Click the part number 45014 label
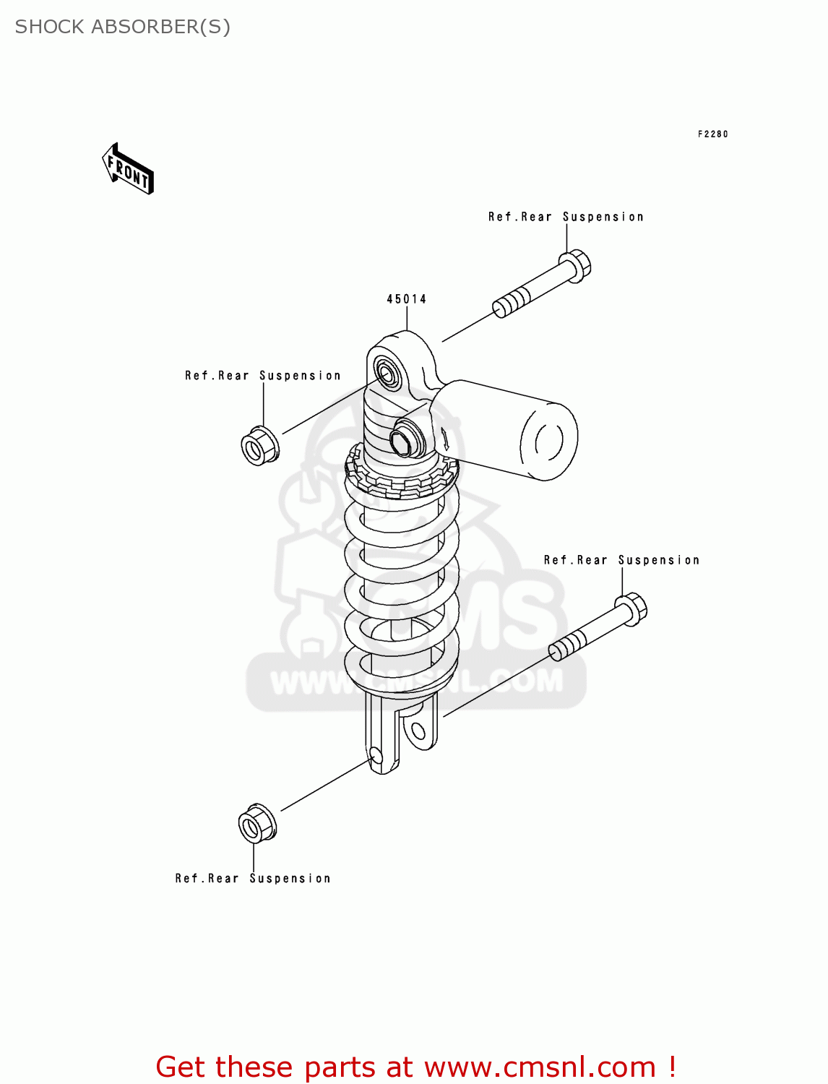click(406, 299)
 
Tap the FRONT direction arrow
click(128, 170)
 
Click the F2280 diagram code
click(712, 134)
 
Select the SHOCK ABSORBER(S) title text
click(123, 27)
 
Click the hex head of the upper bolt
click(576, 264)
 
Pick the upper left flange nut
click(259, 446)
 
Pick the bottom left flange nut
click(257, 823)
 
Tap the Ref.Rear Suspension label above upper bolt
click(566, 217)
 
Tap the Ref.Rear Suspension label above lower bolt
click(621, 560)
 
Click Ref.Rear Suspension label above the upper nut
click(262, 376)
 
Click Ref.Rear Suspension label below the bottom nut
click(253, 879)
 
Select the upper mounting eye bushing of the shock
click(386, 373)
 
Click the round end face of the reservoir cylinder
click(548, 441)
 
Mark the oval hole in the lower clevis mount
click(419, 731)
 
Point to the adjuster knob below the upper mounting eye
click(402, 441)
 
